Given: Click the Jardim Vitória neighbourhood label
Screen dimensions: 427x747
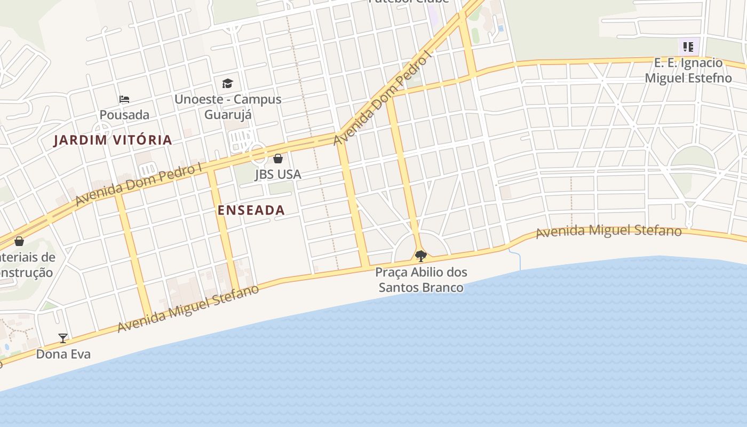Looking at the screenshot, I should pos(113,140).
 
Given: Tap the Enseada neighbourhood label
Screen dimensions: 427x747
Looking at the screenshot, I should pos(251,210).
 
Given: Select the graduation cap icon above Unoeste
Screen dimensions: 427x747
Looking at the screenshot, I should pos(228,83).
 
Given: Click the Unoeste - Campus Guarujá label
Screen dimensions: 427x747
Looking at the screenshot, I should pos(228,107).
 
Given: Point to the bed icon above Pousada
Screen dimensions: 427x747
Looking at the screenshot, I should pos(124,99).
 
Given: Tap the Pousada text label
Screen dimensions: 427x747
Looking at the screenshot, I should pos(124,115).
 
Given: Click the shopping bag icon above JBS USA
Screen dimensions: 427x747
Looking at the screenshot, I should pos(277,159).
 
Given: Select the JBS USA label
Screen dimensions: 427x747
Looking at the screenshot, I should pos(277,174).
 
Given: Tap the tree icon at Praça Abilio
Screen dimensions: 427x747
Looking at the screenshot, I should pos(420,256).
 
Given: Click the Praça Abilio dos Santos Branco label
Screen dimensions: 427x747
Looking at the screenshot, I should pos(420,280).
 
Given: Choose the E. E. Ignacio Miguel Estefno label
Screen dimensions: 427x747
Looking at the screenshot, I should pos(688,70).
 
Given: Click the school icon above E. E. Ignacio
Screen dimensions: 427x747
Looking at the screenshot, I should pos(688,47).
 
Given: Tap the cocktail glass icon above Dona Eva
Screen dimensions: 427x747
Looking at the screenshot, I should pos(63,338).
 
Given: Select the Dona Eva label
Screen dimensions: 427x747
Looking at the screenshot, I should pos(63,354).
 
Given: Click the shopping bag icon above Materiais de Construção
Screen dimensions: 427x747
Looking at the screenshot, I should pos(19,241).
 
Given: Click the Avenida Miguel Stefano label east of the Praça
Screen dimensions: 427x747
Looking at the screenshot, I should pos(608,232).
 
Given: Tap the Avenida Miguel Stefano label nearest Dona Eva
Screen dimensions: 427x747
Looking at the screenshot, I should pos(188,309).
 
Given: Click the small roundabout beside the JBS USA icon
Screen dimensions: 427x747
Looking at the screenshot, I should pos(259,155).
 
